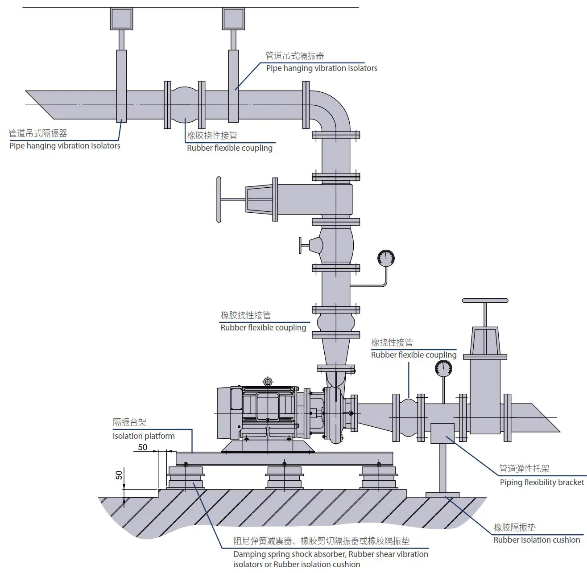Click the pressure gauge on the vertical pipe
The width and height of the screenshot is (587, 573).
pos(386,258)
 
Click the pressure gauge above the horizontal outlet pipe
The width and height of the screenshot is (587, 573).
pos(443,368)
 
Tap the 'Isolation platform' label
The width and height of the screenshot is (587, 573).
pos(144,436)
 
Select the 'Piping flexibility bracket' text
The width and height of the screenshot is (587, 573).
pos(542,482)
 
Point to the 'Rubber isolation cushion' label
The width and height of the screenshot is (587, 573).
pos(537,540)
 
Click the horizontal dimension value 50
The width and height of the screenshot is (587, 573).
pos(142,447)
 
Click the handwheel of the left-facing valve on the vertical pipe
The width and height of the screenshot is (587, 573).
pos(219,199)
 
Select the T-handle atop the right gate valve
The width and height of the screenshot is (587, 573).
pos(485,301)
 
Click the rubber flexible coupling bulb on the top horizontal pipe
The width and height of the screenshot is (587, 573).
pos(185,105)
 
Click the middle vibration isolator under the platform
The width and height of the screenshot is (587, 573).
pos(285,477)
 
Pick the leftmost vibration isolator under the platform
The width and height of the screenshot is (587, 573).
pos(186,477)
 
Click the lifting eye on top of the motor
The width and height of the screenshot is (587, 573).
pos(268,381)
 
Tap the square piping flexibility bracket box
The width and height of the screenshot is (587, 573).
pos(442,433)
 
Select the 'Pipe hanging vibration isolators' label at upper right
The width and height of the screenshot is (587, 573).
pos(322,68)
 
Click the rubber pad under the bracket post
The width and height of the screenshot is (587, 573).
pos(442,495)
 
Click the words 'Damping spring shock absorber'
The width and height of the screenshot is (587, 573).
pos(289,554)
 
